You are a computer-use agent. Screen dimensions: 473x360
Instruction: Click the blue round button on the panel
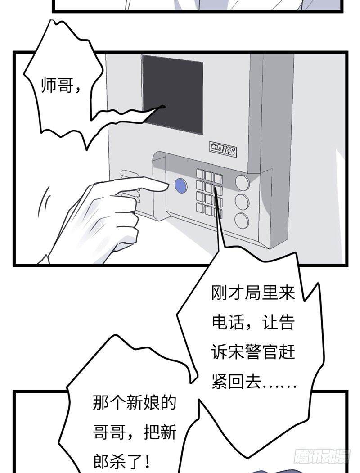[x=180, y=186]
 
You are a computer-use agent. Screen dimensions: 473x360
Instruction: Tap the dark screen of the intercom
[x=172, y=94]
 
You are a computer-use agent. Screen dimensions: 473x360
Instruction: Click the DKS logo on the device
[x=223, y=149]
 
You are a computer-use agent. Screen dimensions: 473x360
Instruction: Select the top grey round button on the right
[x=242, y=182]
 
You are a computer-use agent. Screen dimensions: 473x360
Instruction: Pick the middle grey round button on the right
[x=242, y=202]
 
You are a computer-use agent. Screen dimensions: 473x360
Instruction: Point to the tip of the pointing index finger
[x=164, y=185]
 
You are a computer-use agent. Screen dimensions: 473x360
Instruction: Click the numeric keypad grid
[x=209, y=192]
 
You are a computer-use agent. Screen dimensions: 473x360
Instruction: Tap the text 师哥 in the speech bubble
[x=56, y=86]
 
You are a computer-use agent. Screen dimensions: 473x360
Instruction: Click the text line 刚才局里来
[x=253, y=294]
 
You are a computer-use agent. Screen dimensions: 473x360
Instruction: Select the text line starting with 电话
[x=253, y=323]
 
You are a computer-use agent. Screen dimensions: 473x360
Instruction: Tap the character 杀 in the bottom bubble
[x=123, y=461]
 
